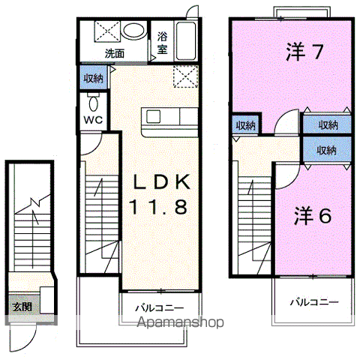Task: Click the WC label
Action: [93, 120]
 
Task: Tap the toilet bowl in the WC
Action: [93, 103]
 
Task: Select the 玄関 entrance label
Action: [22, 307]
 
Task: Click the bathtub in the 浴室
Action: [186, 41]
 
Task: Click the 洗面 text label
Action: [115, 53]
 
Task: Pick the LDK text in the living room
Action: [162, 181]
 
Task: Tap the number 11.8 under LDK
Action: [158, 208]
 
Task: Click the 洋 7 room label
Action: [304, 52]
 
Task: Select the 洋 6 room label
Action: [313, 215]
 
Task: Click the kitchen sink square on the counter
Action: [153, 117]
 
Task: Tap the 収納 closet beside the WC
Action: [93, 79]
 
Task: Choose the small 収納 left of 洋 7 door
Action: [246, 125]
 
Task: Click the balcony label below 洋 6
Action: [314, 302]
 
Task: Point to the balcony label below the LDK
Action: [160, 307]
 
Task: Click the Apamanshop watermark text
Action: [180, 322]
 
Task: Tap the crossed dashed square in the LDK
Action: [186, 76]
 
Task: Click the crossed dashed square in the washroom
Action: [107, 31]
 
